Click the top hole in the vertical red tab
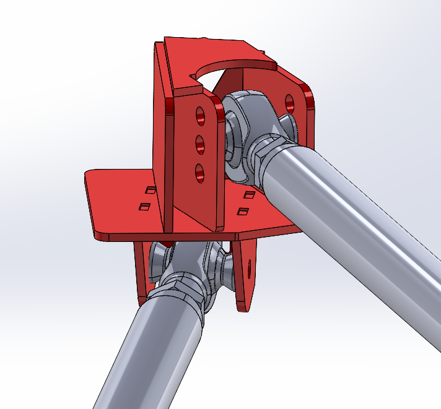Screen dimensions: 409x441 (199, 114)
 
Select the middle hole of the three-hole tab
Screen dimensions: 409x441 (200, 144)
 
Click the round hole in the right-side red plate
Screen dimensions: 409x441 (290, 101)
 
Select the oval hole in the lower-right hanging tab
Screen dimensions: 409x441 (249, 268)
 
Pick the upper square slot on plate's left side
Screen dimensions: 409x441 (149, 189)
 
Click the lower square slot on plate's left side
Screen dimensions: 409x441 (146, 205)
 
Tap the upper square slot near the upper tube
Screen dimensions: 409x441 (250, 195)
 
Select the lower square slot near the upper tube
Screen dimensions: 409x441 (243, 212)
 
